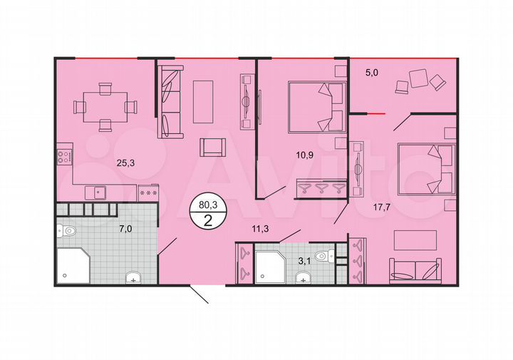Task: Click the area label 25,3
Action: [127, 162]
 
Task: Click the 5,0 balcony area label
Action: [373, 71]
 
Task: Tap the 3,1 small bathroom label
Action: [304, 261]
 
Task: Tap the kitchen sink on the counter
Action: [96, 191]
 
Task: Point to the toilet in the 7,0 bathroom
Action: [68, 230]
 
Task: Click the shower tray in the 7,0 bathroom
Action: [73, 264]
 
